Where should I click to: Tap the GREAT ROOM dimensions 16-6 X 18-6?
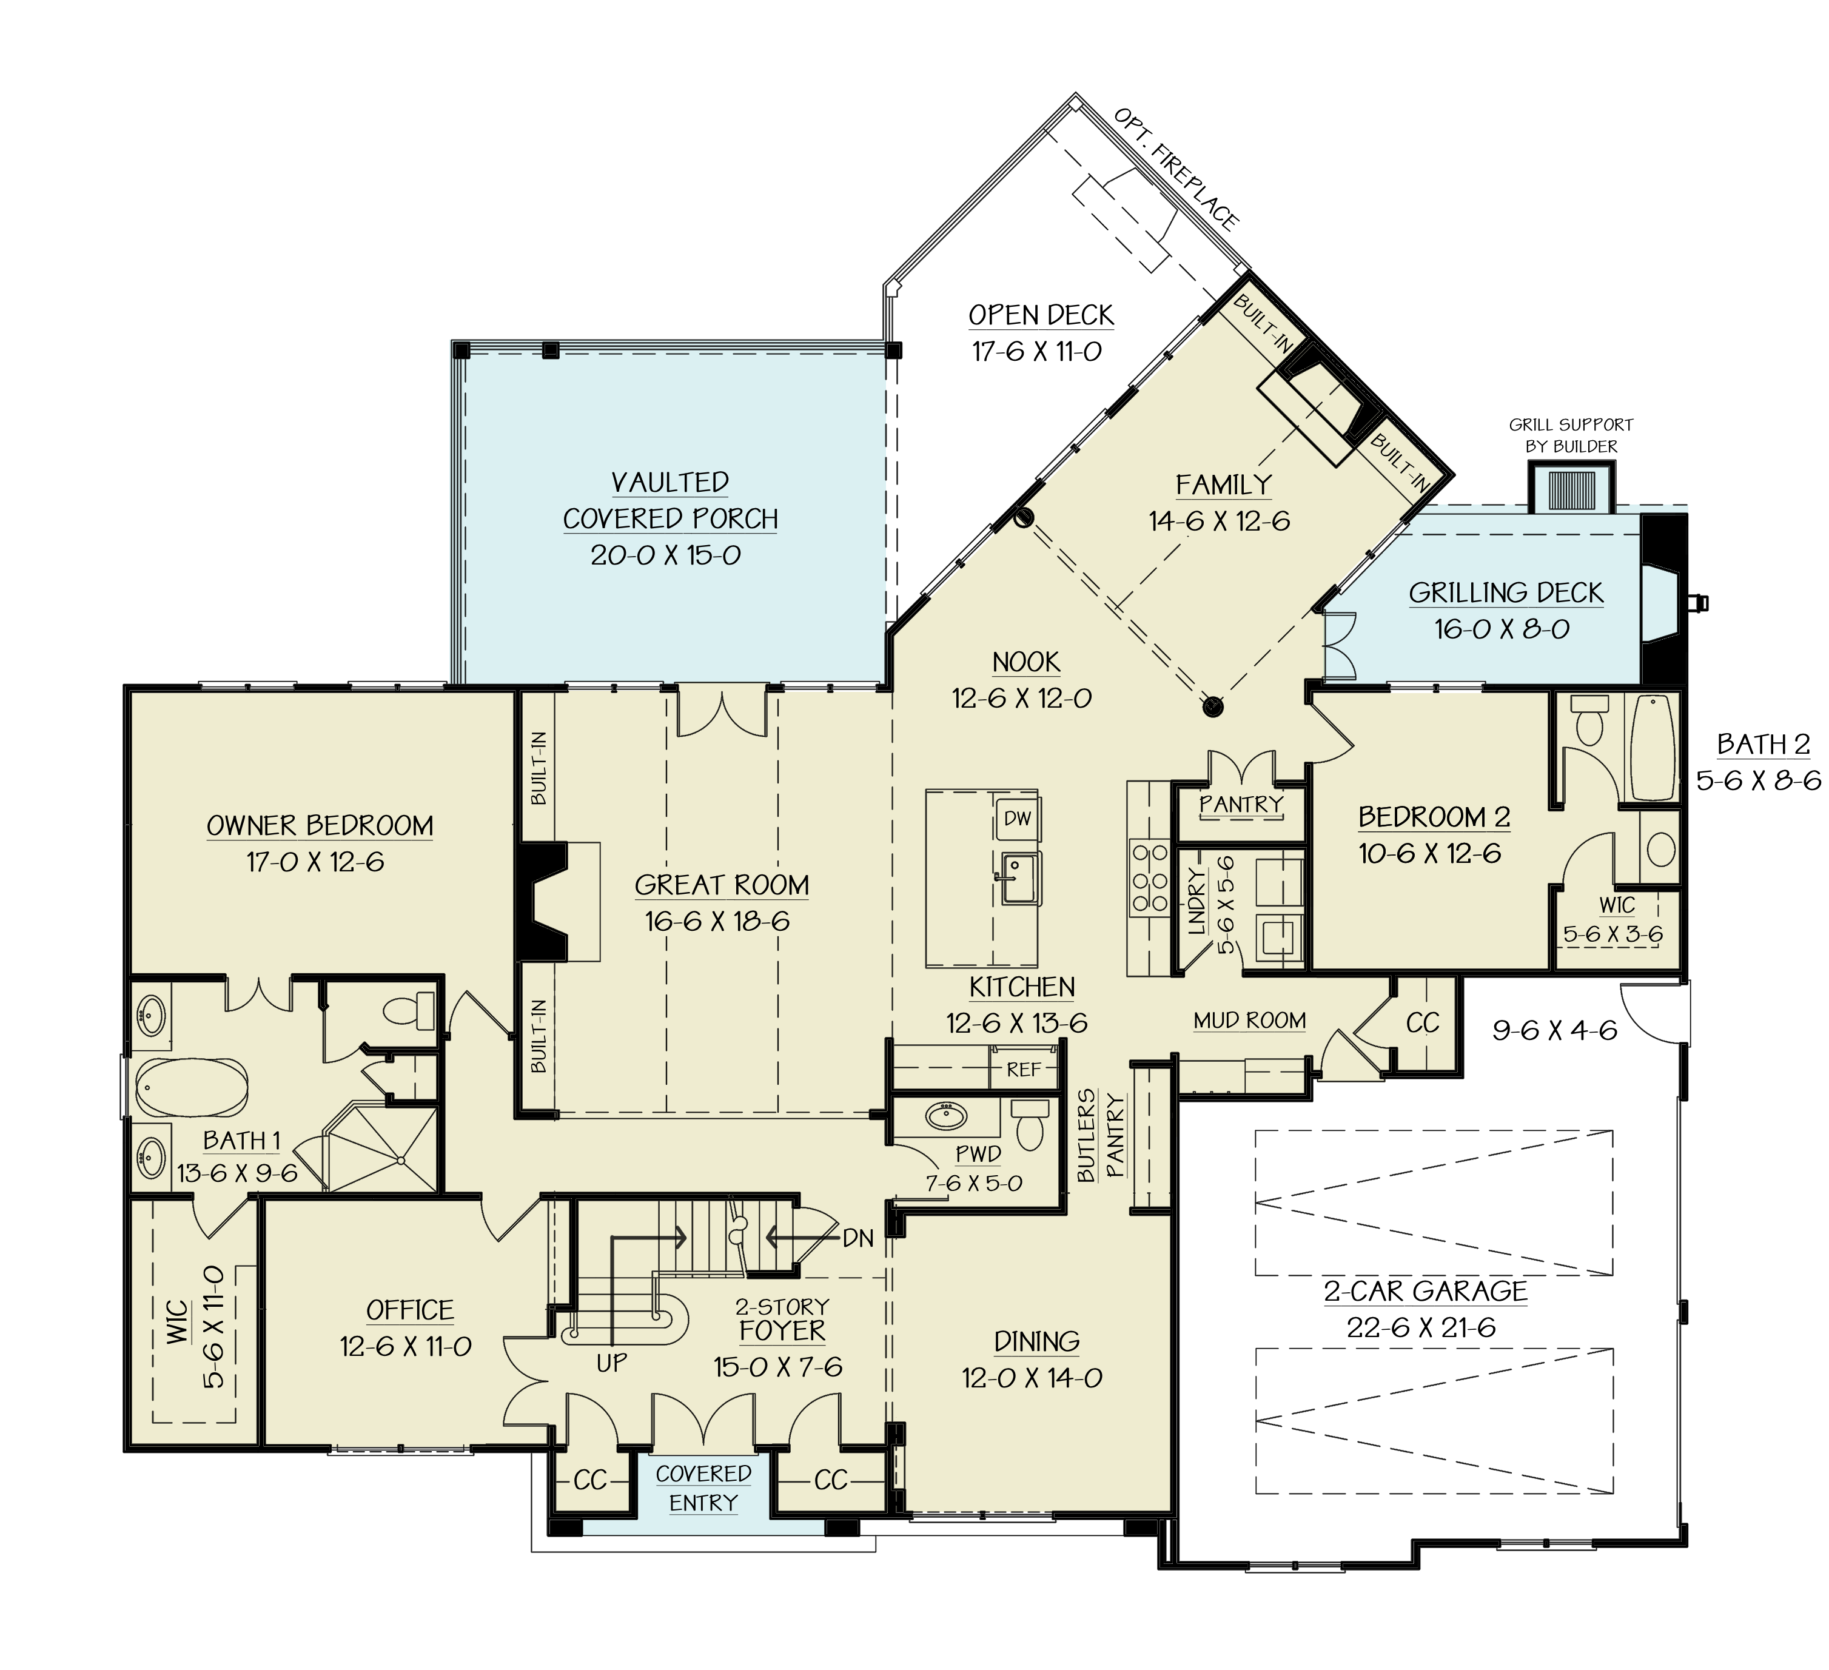point(717,922)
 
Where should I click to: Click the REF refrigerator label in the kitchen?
point(1024,1070)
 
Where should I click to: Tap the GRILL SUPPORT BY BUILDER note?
point(1571,435)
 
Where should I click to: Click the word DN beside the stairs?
point(857,1238)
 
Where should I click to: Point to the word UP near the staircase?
point(611,1363)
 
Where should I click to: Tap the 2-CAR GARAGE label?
point(1425,1291)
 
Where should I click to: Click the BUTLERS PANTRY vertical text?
point(1101,1136)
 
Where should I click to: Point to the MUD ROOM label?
point(1249,1021)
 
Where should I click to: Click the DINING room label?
point(1036,1341)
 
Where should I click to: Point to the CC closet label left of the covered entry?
point(589,1480)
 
